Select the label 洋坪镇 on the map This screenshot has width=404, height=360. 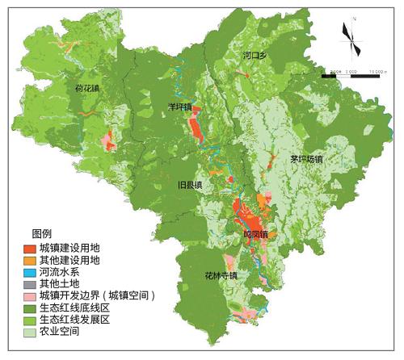179,107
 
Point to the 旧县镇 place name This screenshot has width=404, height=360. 190,185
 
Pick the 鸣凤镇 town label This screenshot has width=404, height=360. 255,234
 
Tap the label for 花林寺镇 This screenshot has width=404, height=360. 220,276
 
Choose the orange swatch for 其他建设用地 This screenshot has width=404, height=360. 29,260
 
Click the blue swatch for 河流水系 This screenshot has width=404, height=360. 29,272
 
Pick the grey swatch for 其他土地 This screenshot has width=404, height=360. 29,284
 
